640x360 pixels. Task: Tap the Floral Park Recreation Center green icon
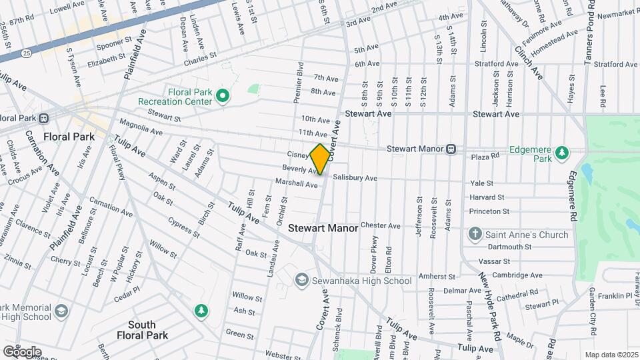click(x=223, y=97)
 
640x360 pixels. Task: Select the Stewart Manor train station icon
click(x=451, y=149)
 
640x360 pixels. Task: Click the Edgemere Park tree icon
click(x=562, y=153)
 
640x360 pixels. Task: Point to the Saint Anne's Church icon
click(x=475, y=234)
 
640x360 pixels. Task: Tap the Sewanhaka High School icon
click(x=302, y=280)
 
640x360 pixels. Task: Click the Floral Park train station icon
click(x=44, y=119)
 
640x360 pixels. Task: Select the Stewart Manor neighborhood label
click(x=323, y=228)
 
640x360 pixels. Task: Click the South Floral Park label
click(x=141, y=330)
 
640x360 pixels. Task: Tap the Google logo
click(x=22, y=351)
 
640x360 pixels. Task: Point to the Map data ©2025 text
click(x=611, y=355)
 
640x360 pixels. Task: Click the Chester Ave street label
click(x=380, y=225)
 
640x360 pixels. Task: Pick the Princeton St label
click(x=489, y=211)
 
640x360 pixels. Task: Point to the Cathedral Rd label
click(x=516, y=294)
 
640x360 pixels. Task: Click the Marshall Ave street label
click(x=297, y=184)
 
